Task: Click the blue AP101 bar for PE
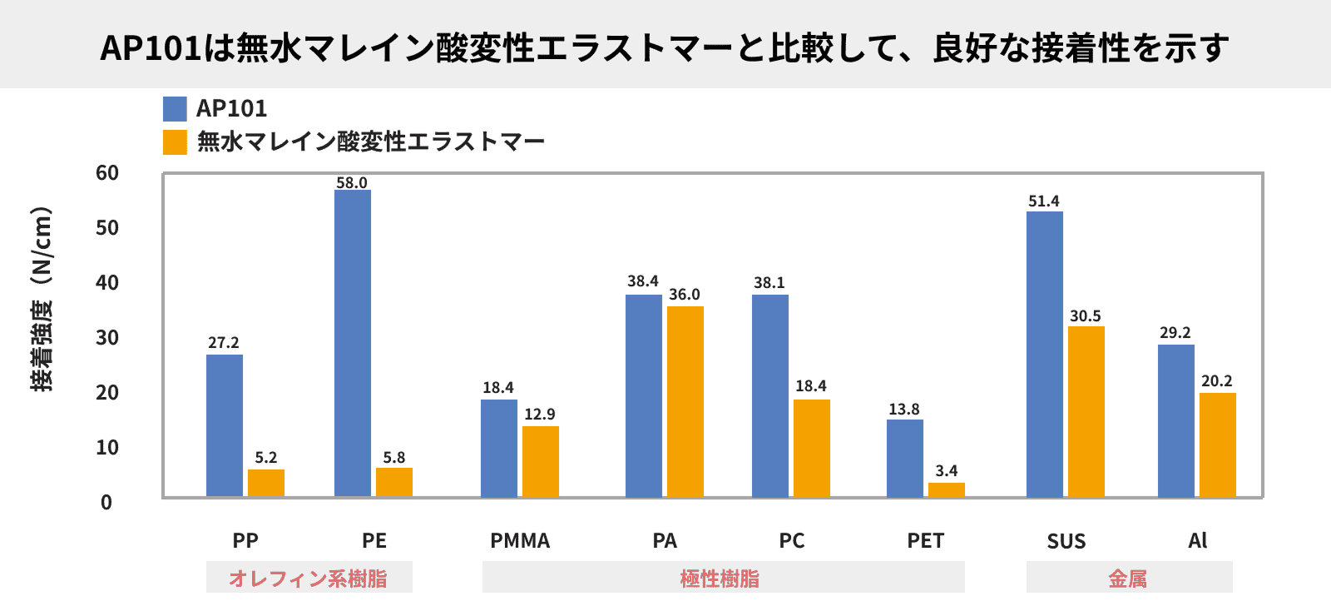pyautogui.click(x=353, y=343)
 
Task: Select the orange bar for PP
pyautogui.click(x=266, y=484)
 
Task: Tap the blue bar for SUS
pyautogui.click(x=1045, y=354)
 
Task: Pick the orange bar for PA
pyautogui.click(x=685, y=401)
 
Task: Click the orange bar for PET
pyautogui.click(x=947, y=490)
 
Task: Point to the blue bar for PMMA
pyautogui.click(x=499, y=448)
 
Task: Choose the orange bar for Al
pyautogui.click(x=1218, y=445)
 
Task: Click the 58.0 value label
pyautogui.click(x=352, y=183)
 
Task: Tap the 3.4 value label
pyautogui.click(x=947, y=471)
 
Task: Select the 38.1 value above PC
pyautogui.click(x=769, y=283)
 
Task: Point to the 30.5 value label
pyautogui.click(x=1086, y=316)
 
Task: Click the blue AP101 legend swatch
pyautogui.click(x=175, y=109)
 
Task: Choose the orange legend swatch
pyautogui.click(x=175, y=142)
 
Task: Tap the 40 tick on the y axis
pyautogui.click(x=107, y=283)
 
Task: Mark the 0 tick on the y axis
pyautogui.click(x=106, y=503)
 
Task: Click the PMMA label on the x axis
pyautogui.click(x=520, y=541)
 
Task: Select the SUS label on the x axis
pyautogui.click(x=1066, y=542)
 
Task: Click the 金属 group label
pyautogui.click(x=1128, y=579)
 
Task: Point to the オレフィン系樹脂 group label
pyautogui.click(x=309, y=579)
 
